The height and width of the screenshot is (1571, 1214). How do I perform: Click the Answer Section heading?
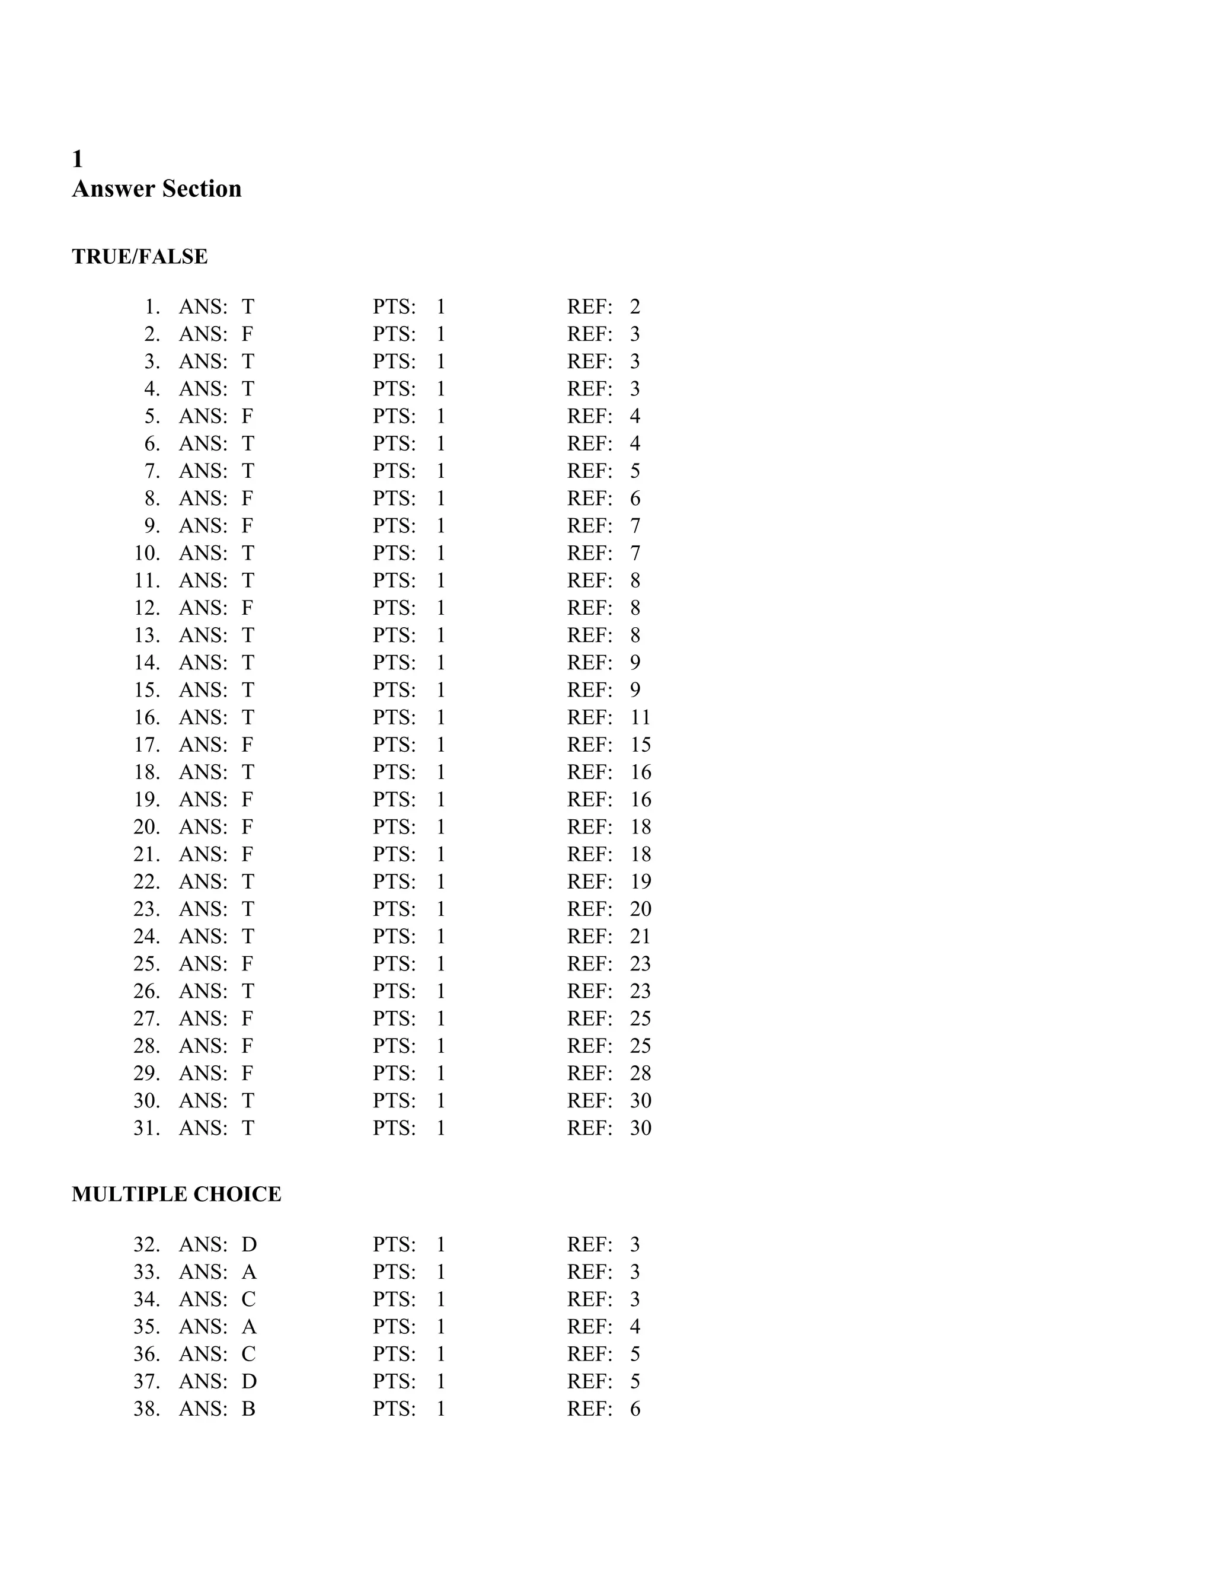(156, 189)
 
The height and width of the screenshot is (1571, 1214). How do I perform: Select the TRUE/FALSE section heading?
(139, 257)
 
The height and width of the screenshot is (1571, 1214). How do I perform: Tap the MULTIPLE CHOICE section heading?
(176, 1194)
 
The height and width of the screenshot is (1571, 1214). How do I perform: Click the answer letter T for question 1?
(247, 307)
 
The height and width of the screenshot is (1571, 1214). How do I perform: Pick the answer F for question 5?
(247, 417)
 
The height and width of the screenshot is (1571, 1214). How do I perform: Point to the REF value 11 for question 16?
(640, 717)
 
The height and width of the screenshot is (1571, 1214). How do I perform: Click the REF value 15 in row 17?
(640, 745)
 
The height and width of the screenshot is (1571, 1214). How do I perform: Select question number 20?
(147, 827)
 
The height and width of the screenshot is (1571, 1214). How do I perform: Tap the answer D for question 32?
(249, 1244)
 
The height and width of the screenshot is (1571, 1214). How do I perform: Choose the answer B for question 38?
(248, 1409)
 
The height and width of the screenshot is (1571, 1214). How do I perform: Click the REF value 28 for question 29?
(640, 1073)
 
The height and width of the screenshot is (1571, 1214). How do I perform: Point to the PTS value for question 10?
(441, 553)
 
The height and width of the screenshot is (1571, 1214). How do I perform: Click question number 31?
(147, 1128)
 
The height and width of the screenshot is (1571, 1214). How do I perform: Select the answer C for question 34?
(248, 1299)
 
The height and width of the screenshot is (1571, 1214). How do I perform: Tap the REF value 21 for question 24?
(640, 937)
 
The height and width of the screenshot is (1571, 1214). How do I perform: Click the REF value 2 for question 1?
(635, 307)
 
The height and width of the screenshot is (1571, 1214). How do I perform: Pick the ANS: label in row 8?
(203, 499)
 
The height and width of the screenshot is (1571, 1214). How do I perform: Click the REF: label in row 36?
(590, 1354)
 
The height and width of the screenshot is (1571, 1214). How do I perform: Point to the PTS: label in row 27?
(394, 1018)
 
